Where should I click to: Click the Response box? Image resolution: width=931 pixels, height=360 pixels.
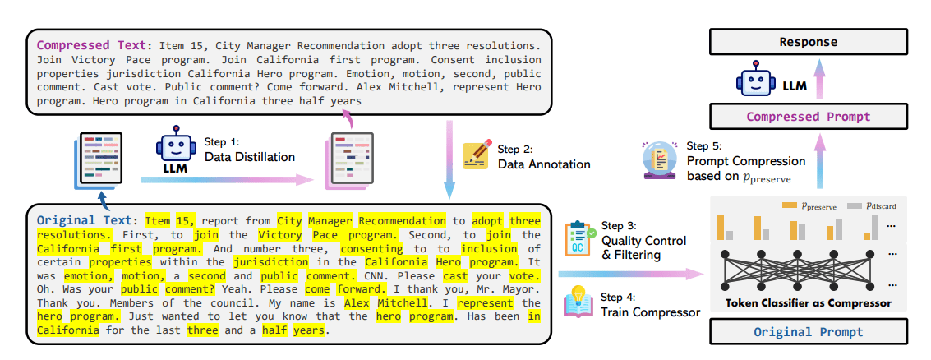pos(808,42)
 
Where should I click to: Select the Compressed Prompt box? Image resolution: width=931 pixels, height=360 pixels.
pos(808,117)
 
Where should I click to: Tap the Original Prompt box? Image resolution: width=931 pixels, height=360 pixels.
pos(808,331)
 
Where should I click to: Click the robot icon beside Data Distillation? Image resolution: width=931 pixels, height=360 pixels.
pos(175,150)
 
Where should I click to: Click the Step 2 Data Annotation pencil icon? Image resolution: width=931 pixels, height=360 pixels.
pos(477,155)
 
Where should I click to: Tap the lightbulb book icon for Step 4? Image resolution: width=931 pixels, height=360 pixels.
pos(579,302)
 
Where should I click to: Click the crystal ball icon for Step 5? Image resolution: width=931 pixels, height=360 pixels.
pos(658,160)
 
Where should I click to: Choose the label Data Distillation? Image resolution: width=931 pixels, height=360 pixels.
pos(249,158)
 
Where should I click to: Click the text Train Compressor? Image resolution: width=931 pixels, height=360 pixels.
pos(651,312)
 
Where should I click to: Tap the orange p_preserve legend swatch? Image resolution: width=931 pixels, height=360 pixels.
pos(790,205)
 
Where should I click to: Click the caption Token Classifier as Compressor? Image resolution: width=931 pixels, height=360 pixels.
pos(808,303)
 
